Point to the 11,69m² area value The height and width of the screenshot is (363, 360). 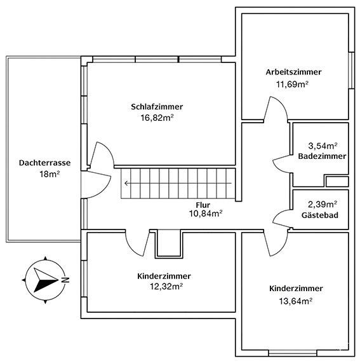293,83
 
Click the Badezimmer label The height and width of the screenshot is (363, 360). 321,156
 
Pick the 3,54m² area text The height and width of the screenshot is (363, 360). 322,146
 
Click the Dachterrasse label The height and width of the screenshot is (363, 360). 44,162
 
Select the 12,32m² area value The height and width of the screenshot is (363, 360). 164,287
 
